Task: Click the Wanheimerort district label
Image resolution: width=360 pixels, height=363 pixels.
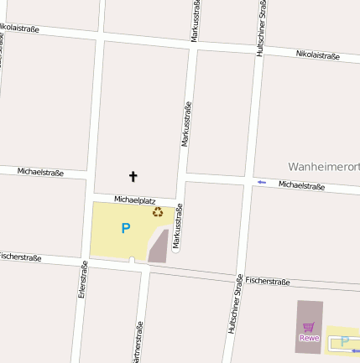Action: pyautogui.click(x=323, y=166)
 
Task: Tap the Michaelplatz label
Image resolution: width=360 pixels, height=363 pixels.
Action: pyautogui.click(x=135, y=200)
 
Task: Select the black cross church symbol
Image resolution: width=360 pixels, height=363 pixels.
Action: pyautogui.click(x=132, y=176)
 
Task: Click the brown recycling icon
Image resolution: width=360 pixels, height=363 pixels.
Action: pyautogui.click(x=158, y=212)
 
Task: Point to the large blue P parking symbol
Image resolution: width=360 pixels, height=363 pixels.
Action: pyautogui.click(x=126, y=228)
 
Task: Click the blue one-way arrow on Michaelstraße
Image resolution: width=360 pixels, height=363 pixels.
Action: pyautogui.click(x=262, y=182)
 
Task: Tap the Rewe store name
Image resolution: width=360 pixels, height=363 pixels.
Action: pyautogui.click(x=309, y=338)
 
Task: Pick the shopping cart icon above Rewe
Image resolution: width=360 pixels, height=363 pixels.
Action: pyautogui.click(x=309, y=327)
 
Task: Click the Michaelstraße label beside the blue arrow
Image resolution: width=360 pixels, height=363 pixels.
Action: pyautogui.click(x=301, y=185)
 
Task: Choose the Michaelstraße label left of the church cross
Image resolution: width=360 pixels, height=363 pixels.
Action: pyautogui.click(x=40, y=172)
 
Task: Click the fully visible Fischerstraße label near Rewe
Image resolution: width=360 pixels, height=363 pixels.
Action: pyautogui.click(x=268, y=282)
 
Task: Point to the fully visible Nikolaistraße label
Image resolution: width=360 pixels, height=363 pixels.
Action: pyautogui.click(x=317, y=55)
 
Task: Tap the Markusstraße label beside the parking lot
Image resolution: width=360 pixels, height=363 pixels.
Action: pyautogui.click(x=178, y=226)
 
